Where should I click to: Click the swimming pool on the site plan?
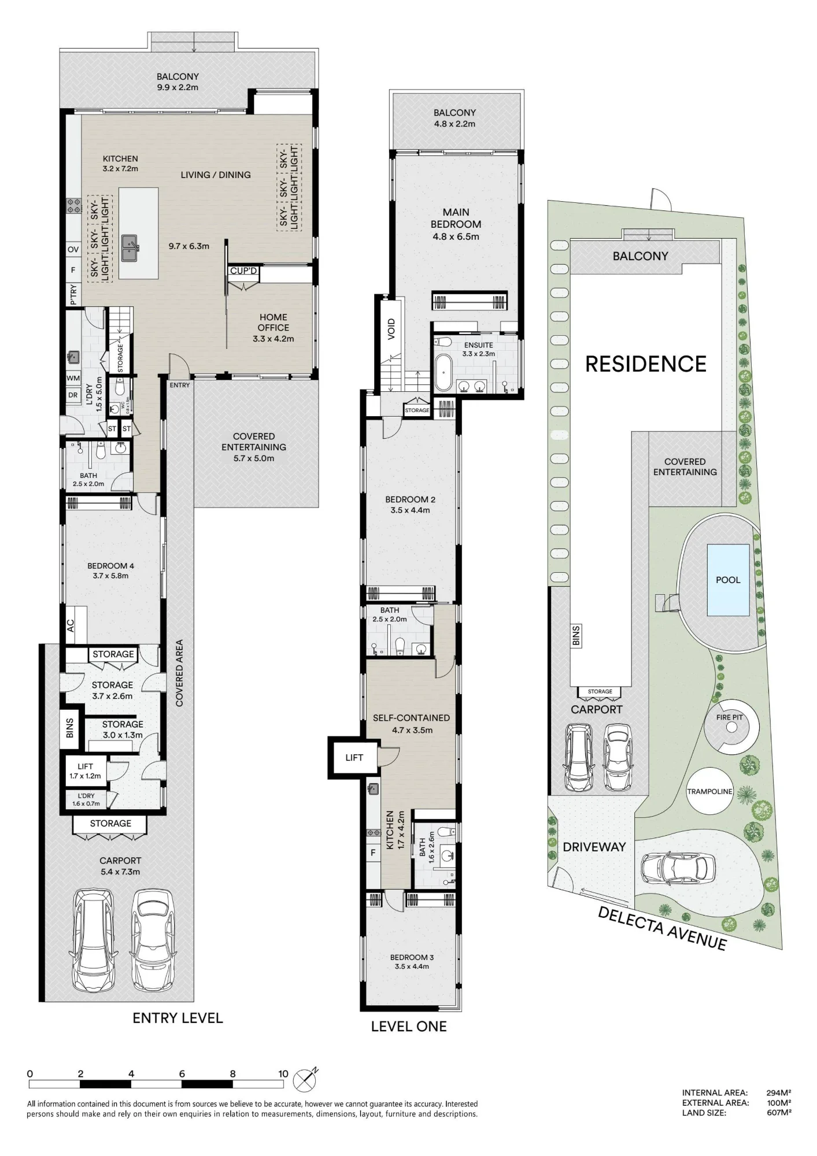(x=728, y=580)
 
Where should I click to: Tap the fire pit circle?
(x=730, y=726)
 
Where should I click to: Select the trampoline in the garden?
(x=709, y=791)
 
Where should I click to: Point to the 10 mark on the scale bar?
(x=283, y=1074)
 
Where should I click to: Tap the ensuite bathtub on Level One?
(x=443, y=373)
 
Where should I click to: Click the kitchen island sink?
(x=130, y=248)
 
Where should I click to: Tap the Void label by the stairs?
(x=391, y=329)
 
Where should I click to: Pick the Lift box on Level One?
(x=354, y=758)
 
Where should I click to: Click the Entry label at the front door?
(x=180, y=385)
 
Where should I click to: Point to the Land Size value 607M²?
(x=778, y=1113)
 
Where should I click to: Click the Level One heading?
(x=409, y=1026)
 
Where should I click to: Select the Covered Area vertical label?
(x=179, y=673)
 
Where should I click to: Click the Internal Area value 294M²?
(x=778, y=1092)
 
